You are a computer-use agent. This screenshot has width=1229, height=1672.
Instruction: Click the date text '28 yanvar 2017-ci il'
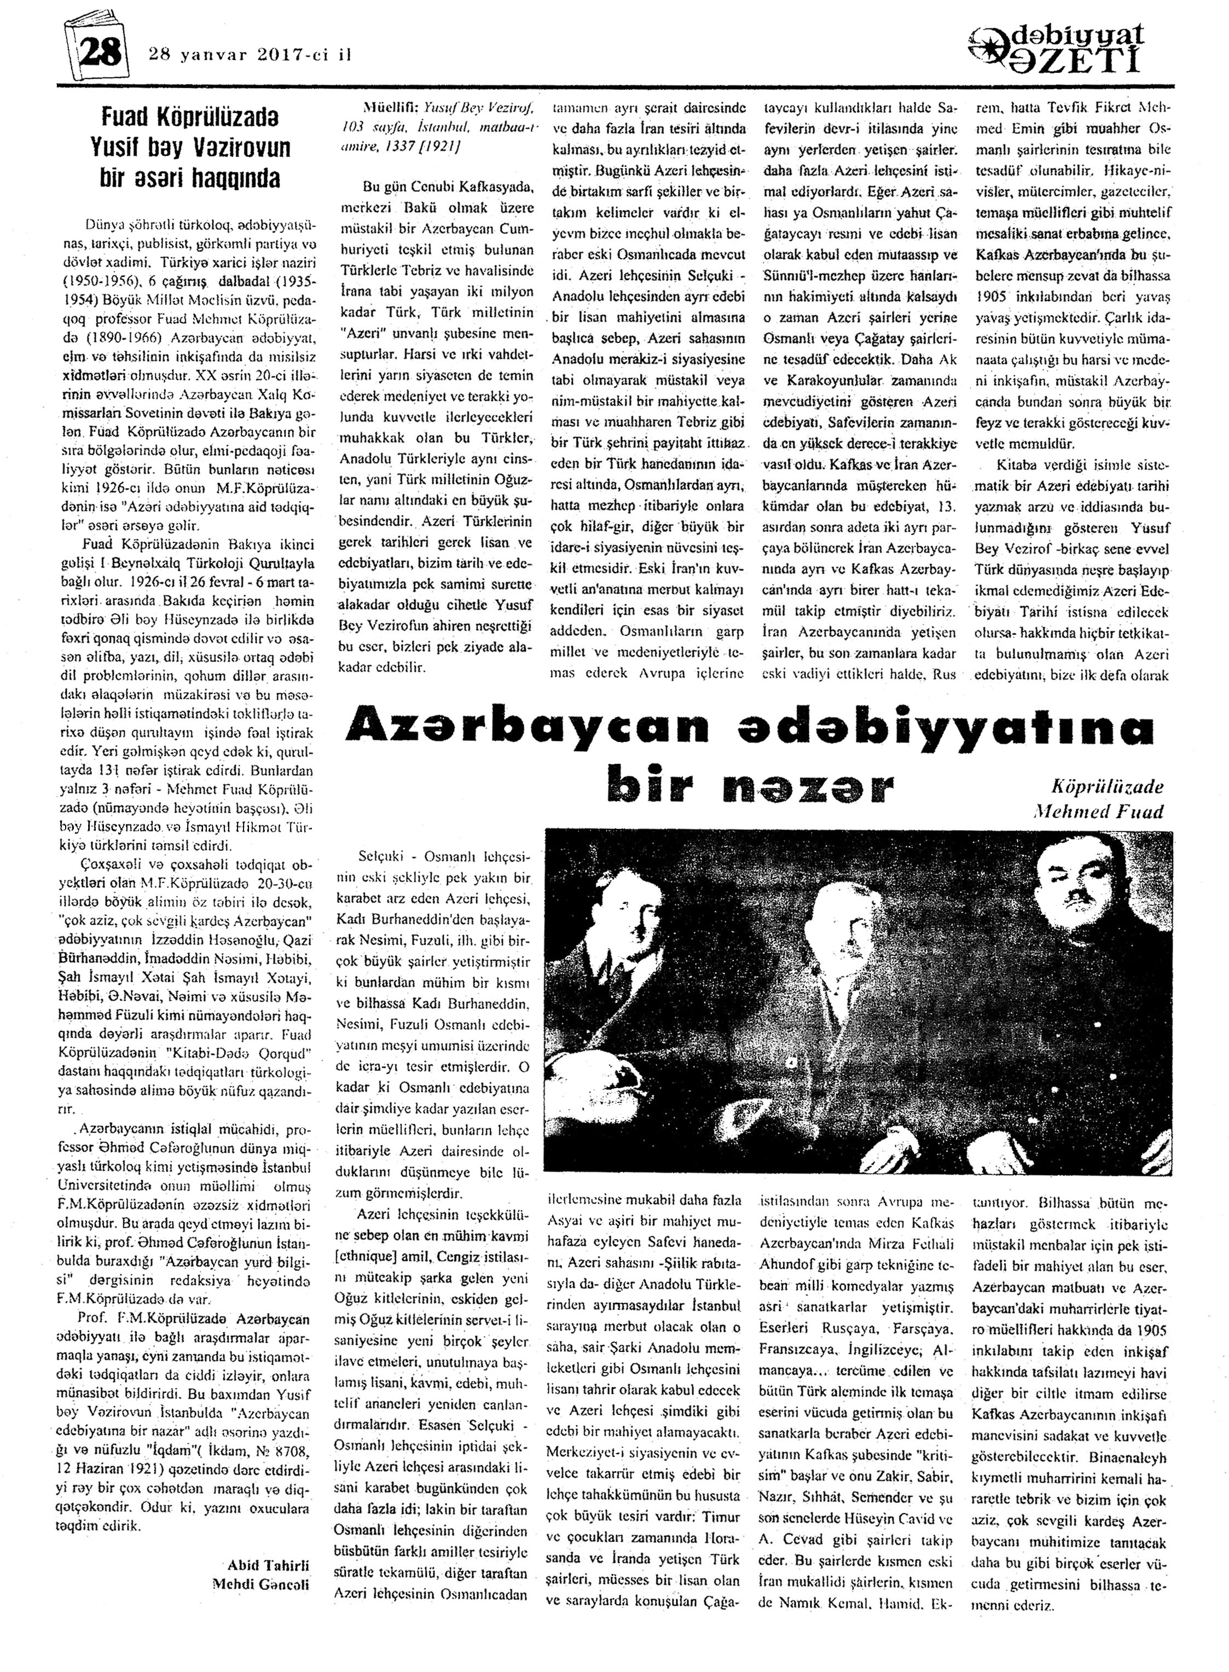pyautogui.click(x=250, y=54)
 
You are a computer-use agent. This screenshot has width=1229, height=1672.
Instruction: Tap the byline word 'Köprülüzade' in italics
pyautogui.click(x=1107, y=787)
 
